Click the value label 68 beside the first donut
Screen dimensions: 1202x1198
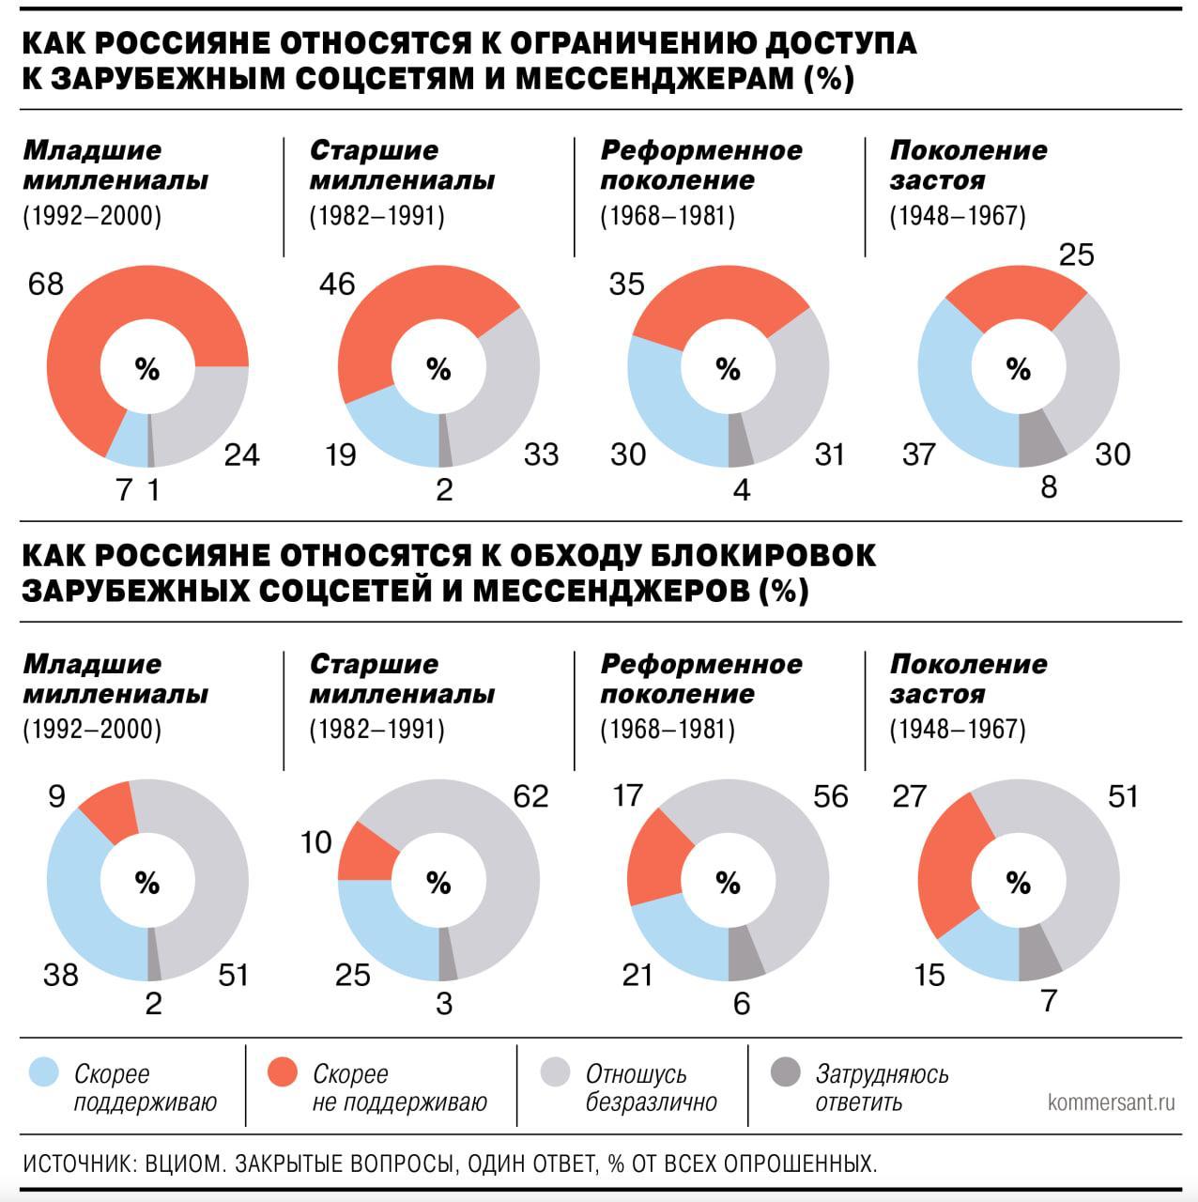[x=46, y=284]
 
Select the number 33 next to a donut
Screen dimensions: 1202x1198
[x=541, y=455]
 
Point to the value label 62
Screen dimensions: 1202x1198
[x=530, y=796]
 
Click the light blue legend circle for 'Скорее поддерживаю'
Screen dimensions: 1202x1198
[x=44, y=1072]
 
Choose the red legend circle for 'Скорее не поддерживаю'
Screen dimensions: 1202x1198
[x=282, y=1072]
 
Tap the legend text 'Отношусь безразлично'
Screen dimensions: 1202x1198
[x=651, y=1087]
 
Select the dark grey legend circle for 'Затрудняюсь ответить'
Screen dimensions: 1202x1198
[x=785, y=1072]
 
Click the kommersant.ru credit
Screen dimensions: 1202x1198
[x=1111, y=1102]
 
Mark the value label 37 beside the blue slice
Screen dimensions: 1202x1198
[x=918, y=455]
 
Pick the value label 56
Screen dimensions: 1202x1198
[x=830, y=796]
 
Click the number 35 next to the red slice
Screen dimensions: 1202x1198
[x=626, y=284]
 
